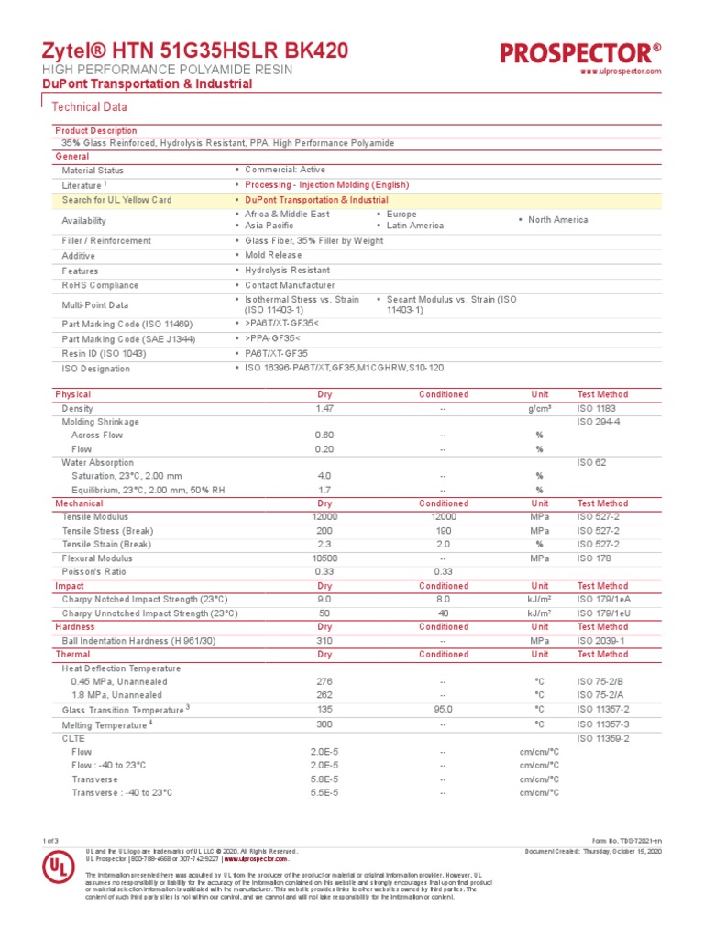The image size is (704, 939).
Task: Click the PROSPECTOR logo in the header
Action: click(x=580, y=52)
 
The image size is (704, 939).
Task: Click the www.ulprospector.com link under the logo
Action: click(x=621, y=72)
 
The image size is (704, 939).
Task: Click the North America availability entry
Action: click(x=557, y=220)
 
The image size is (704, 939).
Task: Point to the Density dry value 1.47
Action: click(x=324, y=408)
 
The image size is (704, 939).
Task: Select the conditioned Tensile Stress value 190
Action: click(x=443, y=531)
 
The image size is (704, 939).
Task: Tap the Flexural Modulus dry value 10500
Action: click(x=324, y=558)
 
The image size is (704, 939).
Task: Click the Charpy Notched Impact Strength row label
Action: click(x=149, y=600)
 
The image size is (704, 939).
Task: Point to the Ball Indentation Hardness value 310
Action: click(x=324, y=641)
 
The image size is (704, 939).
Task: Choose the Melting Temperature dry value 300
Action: click(x=324, y=724)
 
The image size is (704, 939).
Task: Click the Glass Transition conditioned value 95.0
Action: click(x=443, y=709)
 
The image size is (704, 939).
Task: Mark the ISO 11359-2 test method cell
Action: click(x=602, y=737)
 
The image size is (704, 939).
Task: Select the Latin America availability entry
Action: click(x=414, y=226)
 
